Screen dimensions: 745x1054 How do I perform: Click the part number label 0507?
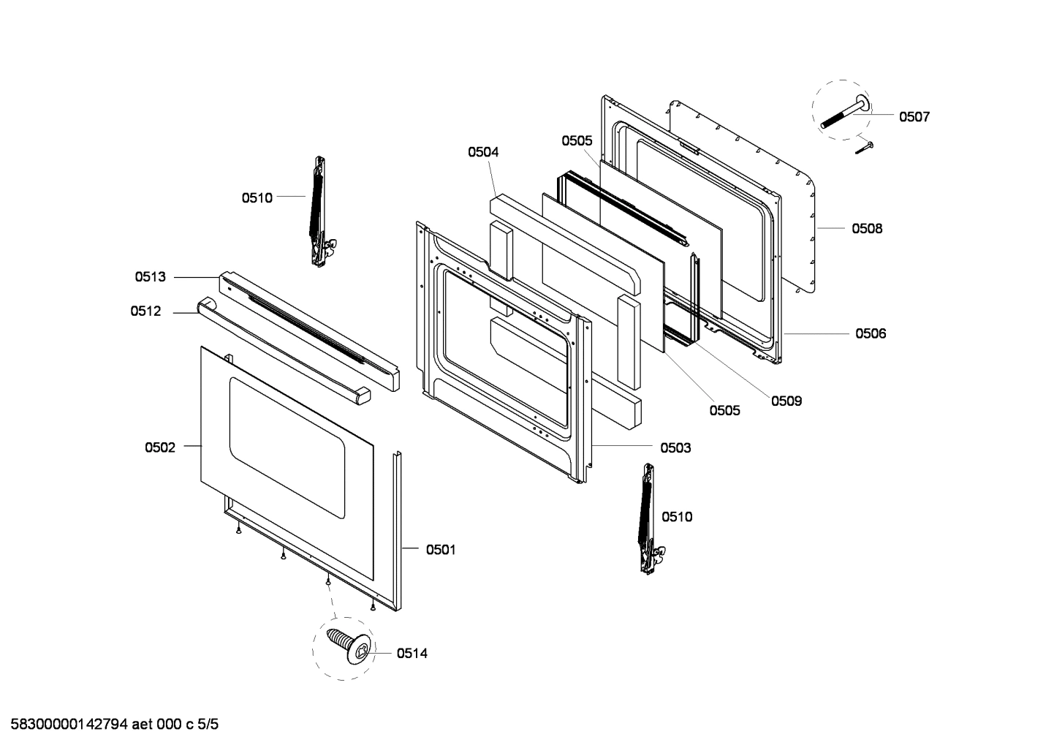click(914, 117)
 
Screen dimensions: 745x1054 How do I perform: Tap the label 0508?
click(867, 229)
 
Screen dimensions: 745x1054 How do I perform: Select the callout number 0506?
click(871, 334)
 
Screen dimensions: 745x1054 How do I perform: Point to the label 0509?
click(786, 401)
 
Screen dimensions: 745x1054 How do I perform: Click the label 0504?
click(483, 152)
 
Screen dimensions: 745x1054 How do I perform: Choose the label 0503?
click(675, 447)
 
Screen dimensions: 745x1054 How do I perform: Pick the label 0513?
click(150, 277)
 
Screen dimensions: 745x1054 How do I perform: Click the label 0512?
click(146, 311)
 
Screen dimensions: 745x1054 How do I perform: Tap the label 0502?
click(160, 447)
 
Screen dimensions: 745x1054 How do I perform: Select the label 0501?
click(441, 549)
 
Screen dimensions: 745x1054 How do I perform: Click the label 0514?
click(412, 654)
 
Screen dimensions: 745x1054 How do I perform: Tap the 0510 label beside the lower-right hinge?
click(677, 518)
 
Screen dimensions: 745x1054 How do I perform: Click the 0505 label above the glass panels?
click(577, 141)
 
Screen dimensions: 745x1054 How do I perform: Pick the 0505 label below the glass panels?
click(724, 411)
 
